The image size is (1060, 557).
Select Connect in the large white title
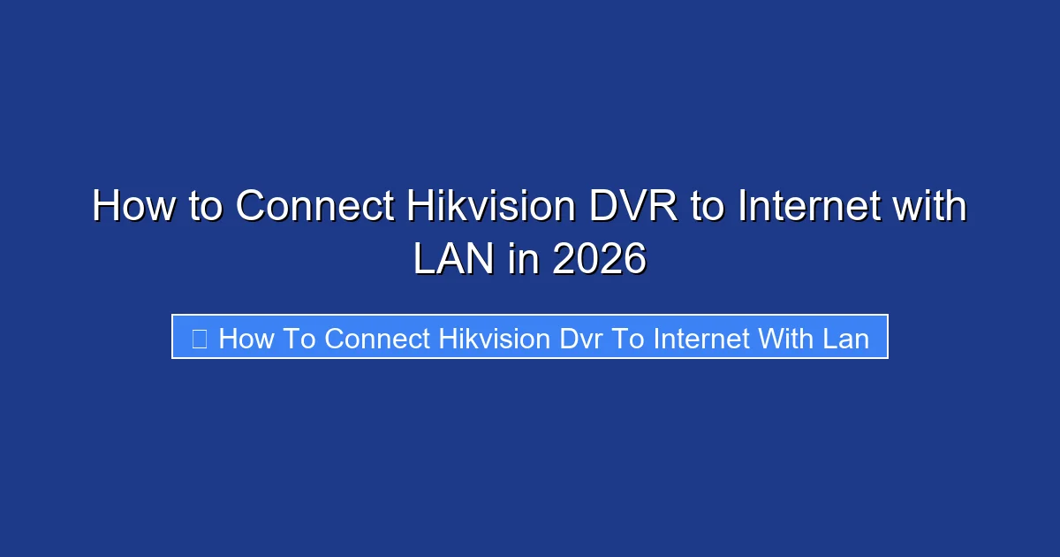coord(315,208)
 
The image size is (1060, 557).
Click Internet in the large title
coord(809,208)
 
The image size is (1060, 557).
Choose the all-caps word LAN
coord(450,261)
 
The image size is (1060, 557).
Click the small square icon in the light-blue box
coord(200,338)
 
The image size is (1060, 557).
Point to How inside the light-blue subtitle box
coord(246,338)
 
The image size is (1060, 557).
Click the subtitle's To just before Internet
coord(630,338)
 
